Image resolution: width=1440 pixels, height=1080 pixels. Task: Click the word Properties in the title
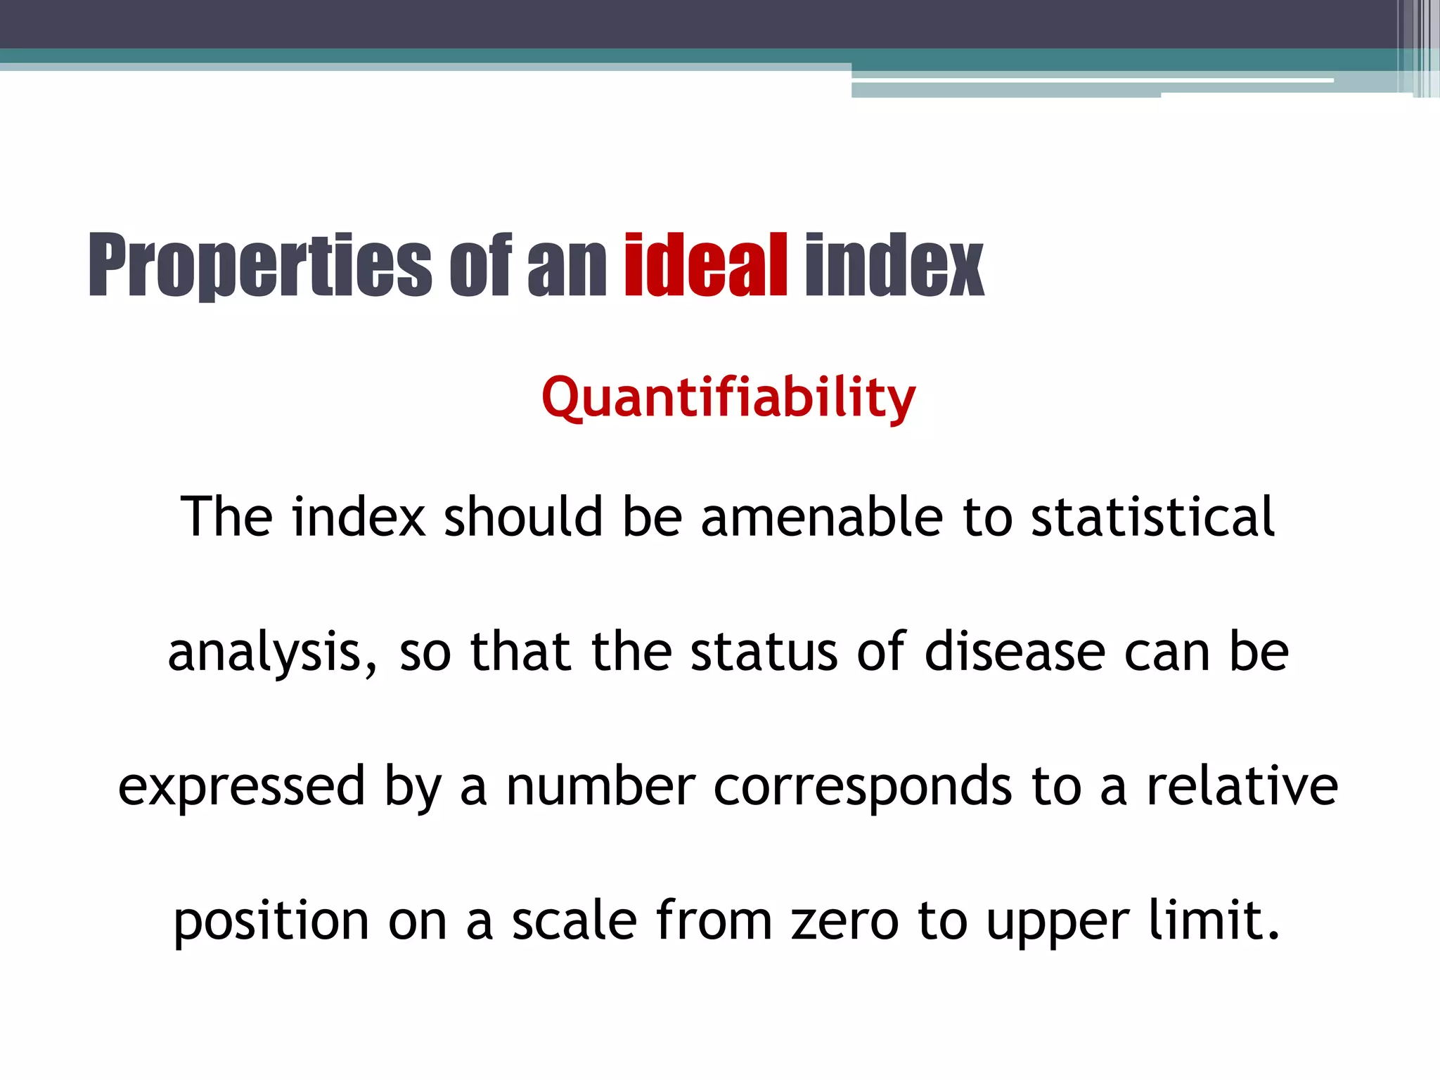(x=259, y=266)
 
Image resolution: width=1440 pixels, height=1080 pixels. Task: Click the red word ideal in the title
(x=705, y=266)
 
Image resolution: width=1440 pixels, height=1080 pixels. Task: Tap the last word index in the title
(x=894, y=266)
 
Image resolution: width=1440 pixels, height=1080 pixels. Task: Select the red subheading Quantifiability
(x=728, y=398)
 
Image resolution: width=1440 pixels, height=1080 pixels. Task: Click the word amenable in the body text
(x=821, y=517)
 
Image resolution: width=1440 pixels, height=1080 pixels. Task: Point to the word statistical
(x=1152, y=517)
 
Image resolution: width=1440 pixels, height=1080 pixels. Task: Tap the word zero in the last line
(x=844, y=921)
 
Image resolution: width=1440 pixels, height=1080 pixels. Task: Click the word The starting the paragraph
(x=226, y=517)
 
